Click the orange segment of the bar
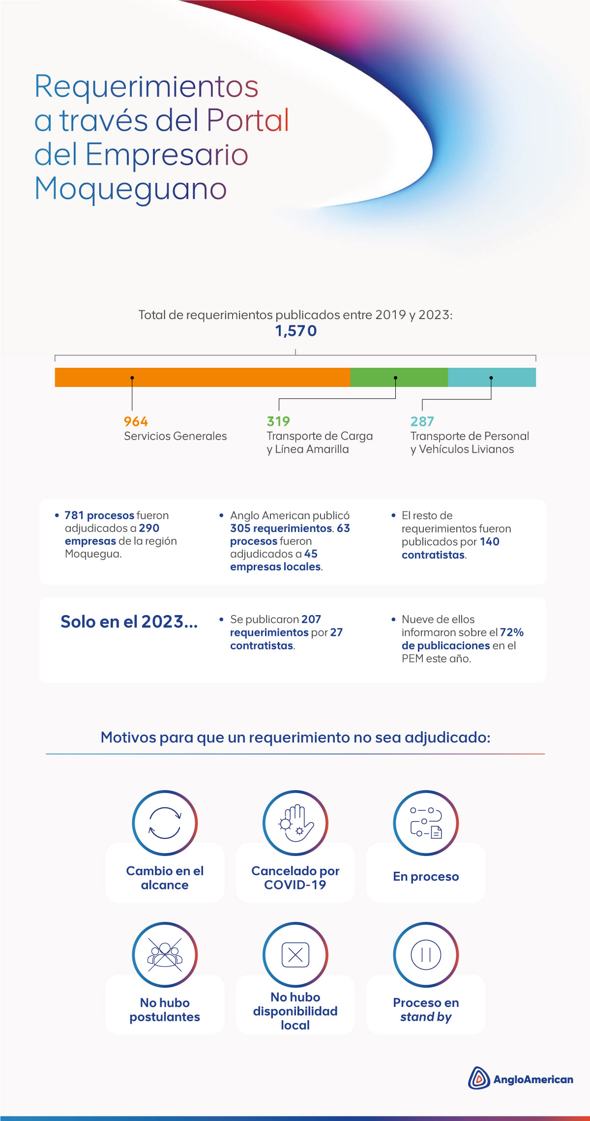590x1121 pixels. pos(202,377)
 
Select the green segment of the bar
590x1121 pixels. pos(399,377)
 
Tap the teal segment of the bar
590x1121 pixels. pos(492,377)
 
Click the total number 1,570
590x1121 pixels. pos(295,331)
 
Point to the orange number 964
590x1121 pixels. pos(136,421)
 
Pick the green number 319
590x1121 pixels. pos(278,421)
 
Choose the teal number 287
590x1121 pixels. pos(422,421)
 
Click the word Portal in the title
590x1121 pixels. pos(248,120)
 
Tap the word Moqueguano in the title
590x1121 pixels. pos(131,188)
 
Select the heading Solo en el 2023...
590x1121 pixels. pos(129,622)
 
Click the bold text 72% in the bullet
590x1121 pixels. pos(512,632)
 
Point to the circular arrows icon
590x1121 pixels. pos(165,823)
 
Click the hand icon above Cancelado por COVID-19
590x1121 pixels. pos(295,823)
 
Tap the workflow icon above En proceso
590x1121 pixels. pos(426,823)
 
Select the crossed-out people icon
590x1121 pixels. pos(165,954)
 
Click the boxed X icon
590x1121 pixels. pos(295,954)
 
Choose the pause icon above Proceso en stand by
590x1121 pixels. pos(426,954)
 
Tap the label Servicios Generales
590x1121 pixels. pos(175,436)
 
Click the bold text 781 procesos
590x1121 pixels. pos(99,515)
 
